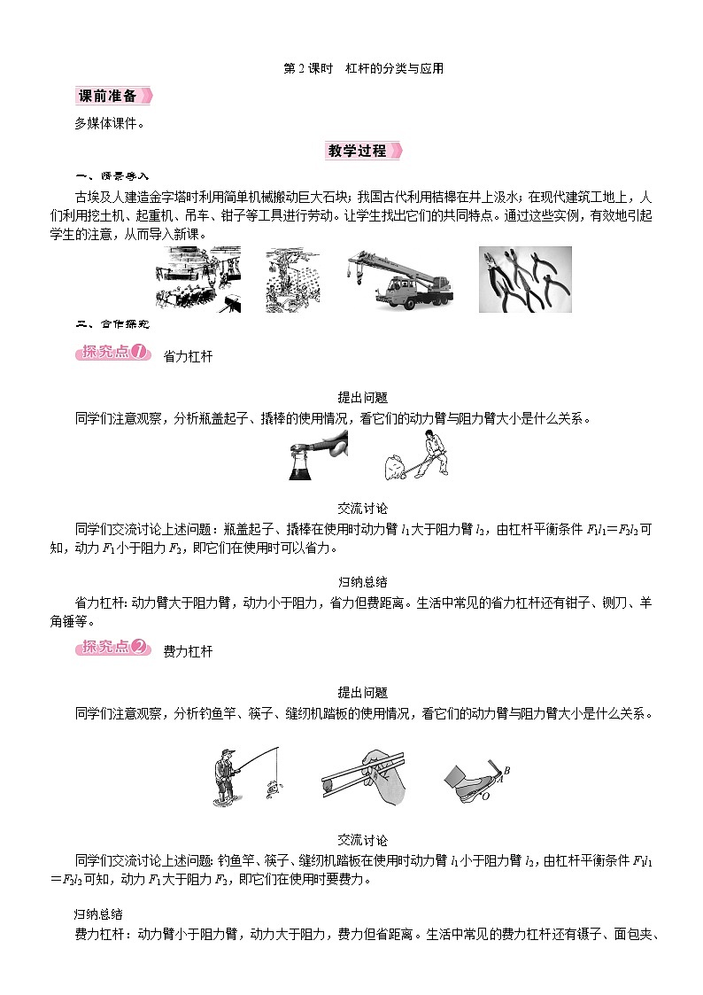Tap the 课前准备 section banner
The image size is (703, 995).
click(x=112, y=96)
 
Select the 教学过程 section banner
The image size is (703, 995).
click(x=362, y=151)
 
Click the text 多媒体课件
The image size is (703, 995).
click(x=110, y=123)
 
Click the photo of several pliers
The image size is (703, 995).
click(x=525, y=279)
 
